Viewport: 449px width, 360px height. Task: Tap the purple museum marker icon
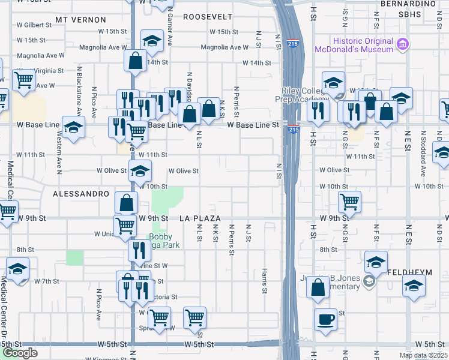point(402,44)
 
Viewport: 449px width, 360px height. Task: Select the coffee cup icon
point(326,319)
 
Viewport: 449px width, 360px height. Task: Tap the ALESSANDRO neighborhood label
point(81,194)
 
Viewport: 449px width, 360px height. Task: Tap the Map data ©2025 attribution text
point(423,355)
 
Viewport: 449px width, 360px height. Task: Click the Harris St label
point(264,281)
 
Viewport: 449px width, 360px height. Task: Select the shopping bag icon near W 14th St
point(136,60)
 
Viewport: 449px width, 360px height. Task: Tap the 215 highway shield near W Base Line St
point(293,129)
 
